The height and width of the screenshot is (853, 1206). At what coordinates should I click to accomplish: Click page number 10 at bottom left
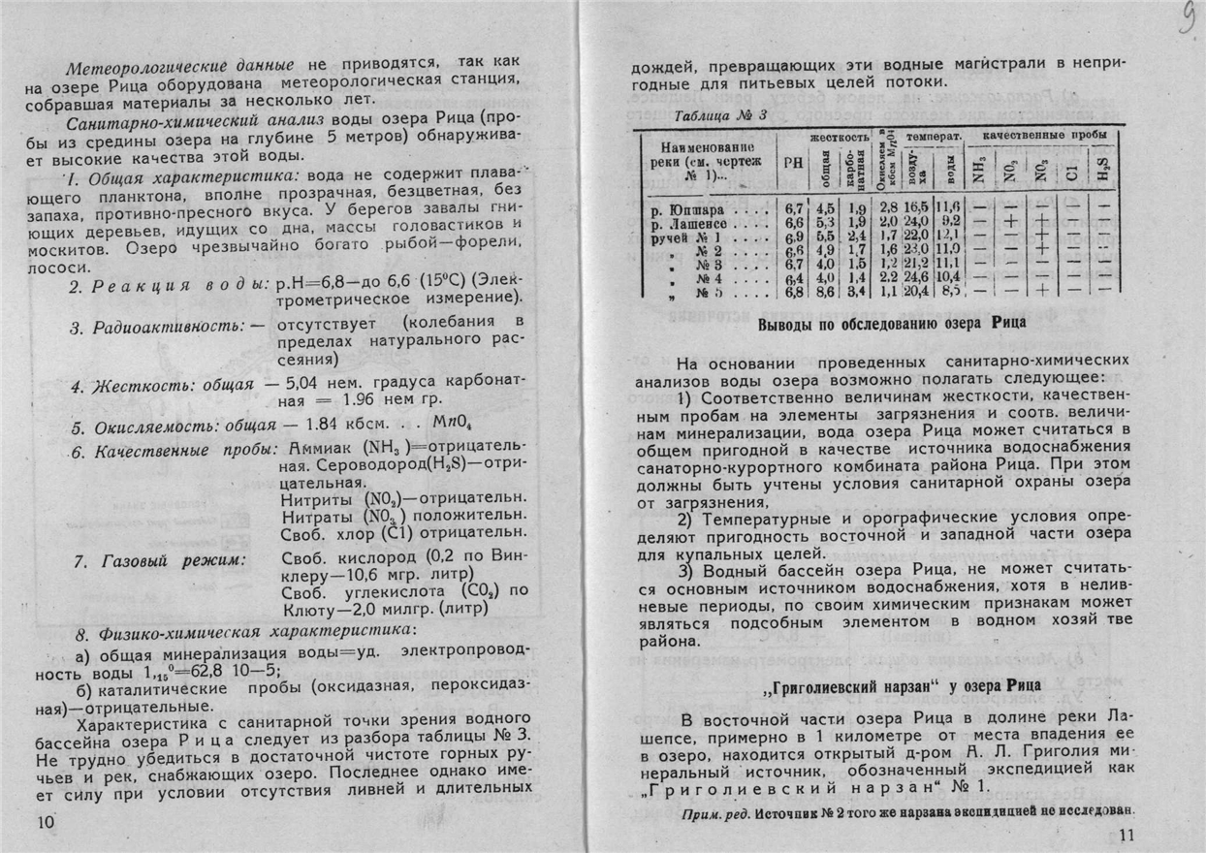tap(44, 823)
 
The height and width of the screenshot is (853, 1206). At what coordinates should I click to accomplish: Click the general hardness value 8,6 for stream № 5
tap(825, 292)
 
